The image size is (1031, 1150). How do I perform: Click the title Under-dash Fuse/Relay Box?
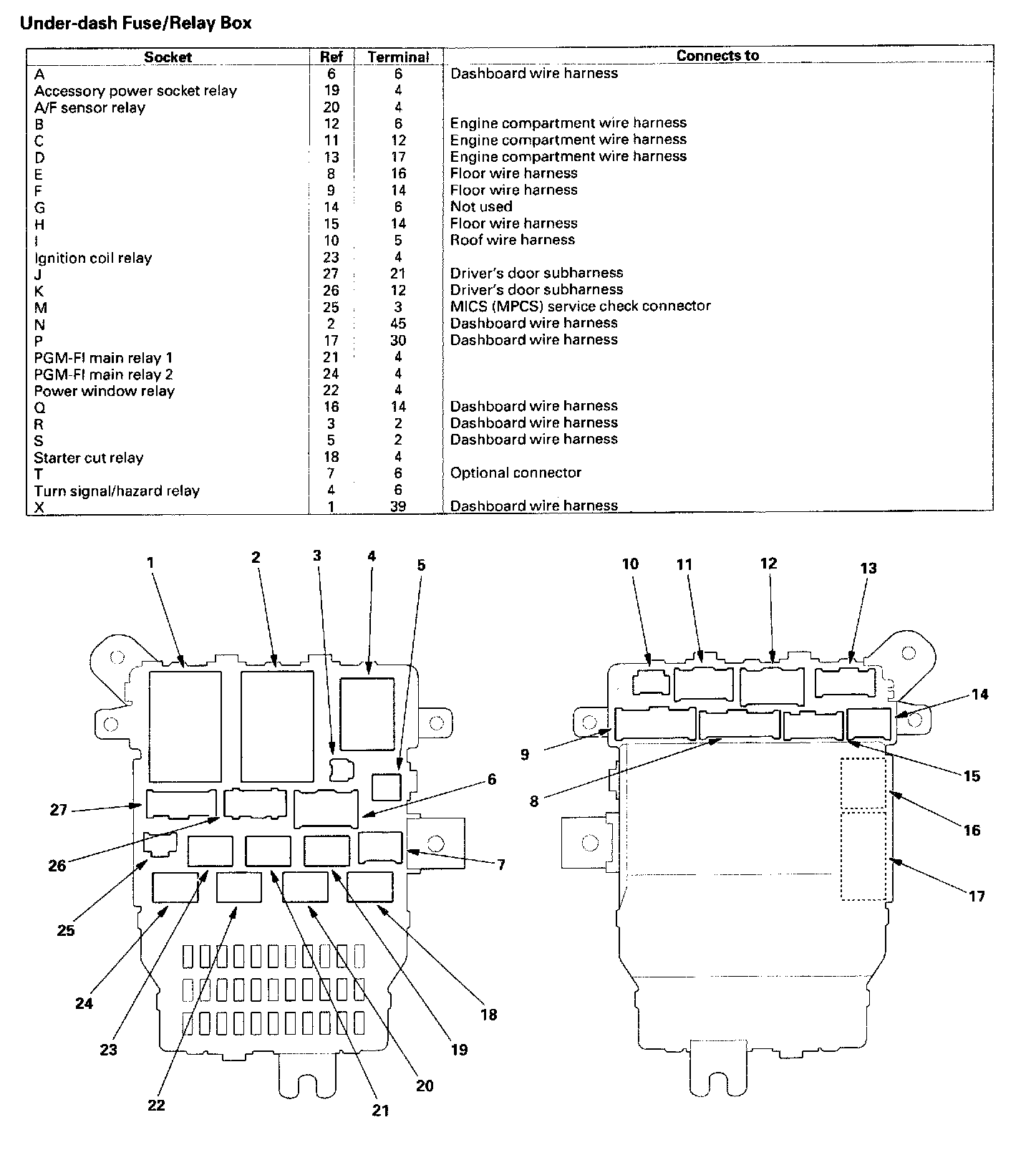(136, 23)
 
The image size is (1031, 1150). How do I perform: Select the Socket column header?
(168, 57)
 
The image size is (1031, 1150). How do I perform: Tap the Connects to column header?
(717, 56)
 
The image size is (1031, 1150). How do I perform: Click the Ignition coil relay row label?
(93, 258)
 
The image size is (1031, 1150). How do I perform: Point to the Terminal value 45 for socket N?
(398, 324)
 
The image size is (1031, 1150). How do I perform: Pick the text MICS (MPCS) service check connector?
(580, 306)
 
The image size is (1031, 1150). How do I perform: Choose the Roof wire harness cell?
(513, 240)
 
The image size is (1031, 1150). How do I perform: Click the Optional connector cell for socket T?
(515, 473)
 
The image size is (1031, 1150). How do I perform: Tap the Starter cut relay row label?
(89, 458)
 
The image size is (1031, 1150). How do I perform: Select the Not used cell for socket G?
(481, 207)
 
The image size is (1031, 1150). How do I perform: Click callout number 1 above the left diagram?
(150, 563)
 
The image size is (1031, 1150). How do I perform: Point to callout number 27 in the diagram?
(59, 810)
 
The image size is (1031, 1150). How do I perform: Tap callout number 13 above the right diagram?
(868, 569)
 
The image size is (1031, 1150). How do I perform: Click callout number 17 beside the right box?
(977, 896)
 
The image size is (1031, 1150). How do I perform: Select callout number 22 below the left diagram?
(156, 1105)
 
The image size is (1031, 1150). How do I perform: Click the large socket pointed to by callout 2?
(277, 726)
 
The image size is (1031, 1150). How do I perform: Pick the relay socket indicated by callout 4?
(367, 714)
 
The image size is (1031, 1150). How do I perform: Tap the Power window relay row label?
(105, 391)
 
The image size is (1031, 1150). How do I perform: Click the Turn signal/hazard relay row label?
(117, 491)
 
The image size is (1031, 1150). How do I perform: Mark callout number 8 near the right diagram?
(534, 801)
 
